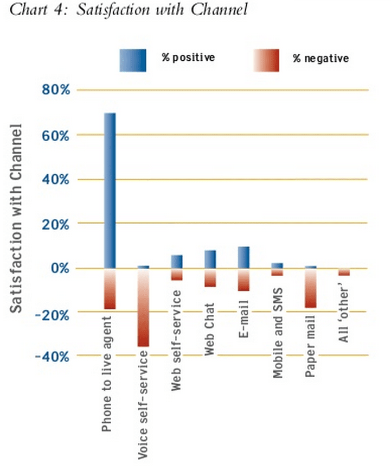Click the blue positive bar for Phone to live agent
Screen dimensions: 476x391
pyautogui.click(x=110, y=190)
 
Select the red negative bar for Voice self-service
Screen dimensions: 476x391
pyautogui.click(x=143, y=307)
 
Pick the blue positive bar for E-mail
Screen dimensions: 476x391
pyautogui.click(x=243, y=257)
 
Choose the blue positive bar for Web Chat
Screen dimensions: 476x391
pyautogui.click(x=210, y=259)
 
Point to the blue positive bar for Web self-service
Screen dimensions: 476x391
pyautogui.click(x=177, y=261)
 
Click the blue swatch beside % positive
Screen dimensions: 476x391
pyautogui.click(x=133, y=60)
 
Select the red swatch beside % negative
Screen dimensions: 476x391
pyautogui.click(x=266, y=60)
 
